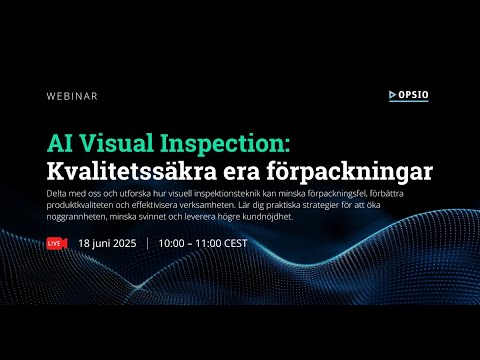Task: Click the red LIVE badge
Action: [56, 243]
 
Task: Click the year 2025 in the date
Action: [124, 243]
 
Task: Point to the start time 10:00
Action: [176, 243]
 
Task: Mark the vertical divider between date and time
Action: [148, 243]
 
